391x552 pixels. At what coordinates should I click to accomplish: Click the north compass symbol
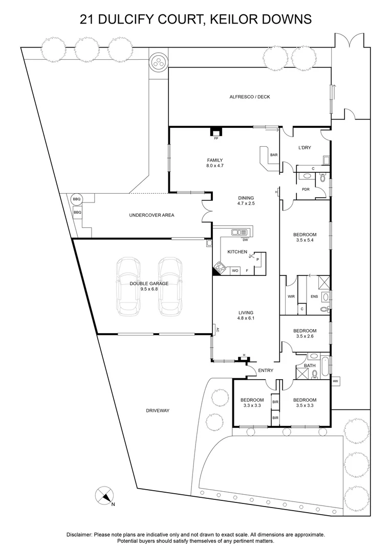tap(104, 495)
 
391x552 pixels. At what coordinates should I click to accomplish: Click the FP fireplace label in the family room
tap(216, 137)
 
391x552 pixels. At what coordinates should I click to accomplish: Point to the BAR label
tap(274, 155)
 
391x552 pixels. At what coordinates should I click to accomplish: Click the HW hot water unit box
tap(336, 381)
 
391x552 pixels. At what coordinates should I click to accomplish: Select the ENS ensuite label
tap(314, 296)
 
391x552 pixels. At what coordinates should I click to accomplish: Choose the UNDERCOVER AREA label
tap(151, 215)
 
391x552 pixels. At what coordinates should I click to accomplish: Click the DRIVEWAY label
tap(157, 410)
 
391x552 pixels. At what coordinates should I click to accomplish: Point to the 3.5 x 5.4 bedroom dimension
tap(305, 240)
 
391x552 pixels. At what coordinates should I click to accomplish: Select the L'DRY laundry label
tap(305, 148)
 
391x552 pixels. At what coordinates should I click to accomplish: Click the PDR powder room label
tap(306, 189)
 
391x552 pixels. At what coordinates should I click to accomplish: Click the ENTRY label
tap(266, 371)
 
